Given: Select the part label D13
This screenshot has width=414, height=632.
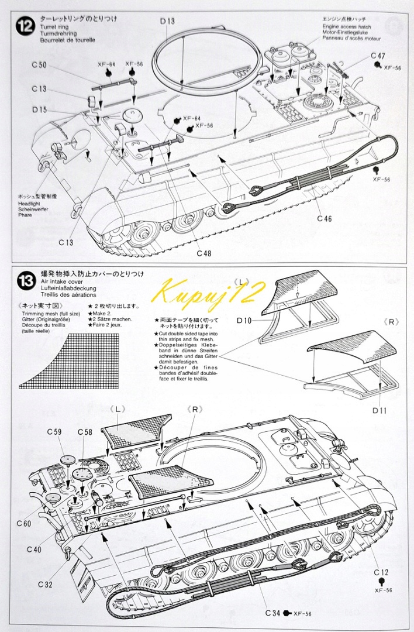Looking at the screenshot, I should point(167,22).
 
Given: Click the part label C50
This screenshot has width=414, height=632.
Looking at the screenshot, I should point(39,65).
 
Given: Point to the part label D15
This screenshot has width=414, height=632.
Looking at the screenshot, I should point(39,109).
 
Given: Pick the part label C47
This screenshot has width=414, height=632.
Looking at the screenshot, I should point(378,56).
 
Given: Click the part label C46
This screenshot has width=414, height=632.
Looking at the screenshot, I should point(325,219).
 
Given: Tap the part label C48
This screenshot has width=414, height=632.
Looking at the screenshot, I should point(204,253).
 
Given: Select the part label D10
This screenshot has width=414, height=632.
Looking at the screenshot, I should point(244,320).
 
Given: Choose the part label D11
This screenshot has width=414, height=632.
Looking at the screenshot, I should point(380,410).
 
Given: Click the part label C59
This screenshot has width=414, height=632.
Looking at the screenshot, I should point(54,432).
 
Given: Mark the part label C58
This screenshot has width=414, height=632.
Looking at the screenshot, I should point(85,432).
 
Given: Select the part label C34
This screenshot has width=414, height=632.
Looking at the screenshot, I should point(272,613).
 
